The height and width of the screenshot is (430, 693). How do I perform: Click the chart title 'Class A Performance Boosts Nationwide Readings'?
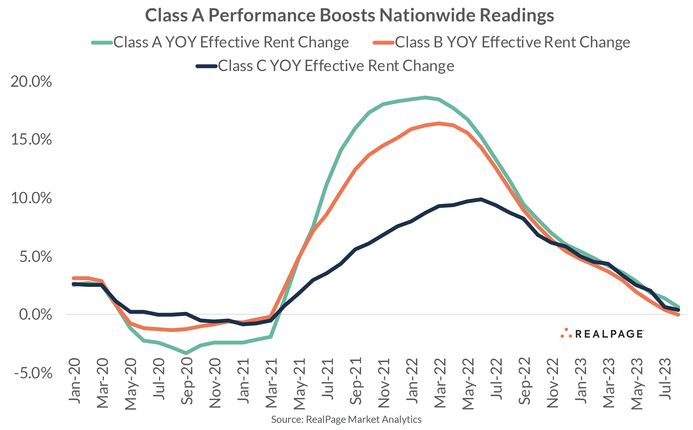click(x=349, y=15)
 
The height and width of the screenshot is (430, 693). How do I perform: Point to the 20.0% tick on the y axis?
click(x=31, y=82)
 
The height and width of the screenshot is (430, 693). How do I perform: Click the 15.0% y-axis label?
click(x=31, y=140)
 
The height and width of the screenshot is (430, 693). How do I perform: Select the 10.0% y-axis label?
click(x=31, y=198)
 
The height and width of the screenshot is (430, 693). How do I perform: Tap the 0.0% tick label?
click(x=35, y=314)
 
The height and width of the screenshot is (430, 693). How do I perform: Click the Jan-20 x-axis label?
click(x=74, y=381)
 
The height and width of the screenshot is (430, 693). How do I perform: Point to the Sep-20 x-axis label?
click(x=187, y=381)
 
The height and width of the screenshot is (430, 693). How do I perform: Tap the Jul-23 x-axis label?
click(x=665, y=380)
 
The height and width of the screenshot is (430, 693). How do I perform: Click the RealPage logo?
click(x=602, y=334)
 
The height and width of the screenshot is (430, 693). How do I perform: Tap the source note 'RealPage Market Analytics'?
click(x=346, y=419)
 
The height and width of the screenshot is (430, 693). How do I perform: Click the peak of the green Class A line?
click(x=425, y=97)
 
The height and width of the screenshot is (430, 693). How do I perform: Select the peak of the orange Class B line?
click(x=439, y=123)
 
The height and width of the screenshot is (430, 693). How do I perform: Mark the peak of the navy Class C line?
click(x=481, y=199)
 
